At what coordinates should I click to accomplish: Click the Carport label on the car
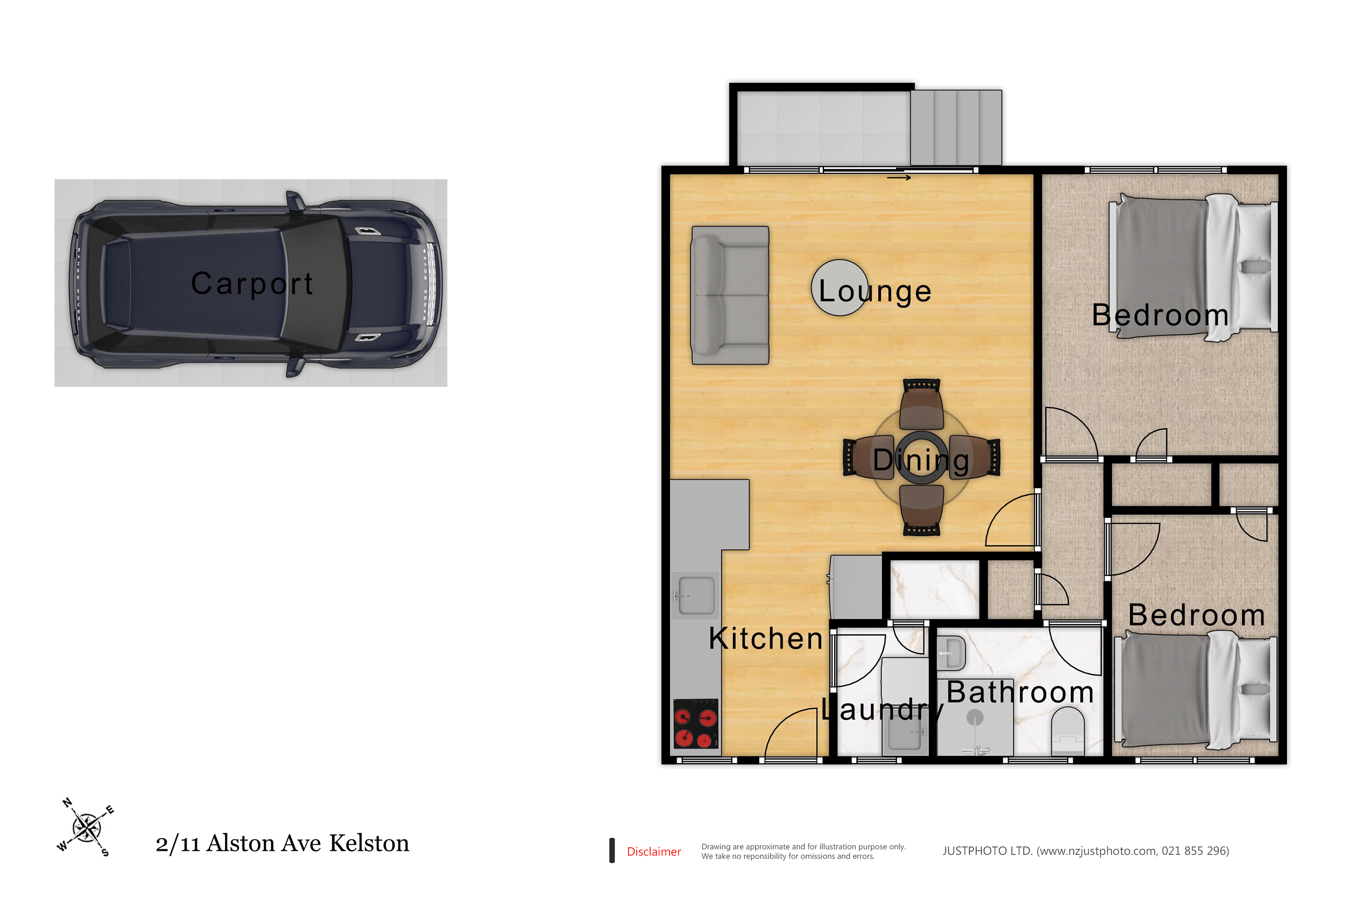click(252, 284)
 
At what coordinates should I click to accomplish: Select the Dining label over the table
click(921, 460)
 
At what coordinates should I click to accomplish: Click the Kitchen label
click(766, 638)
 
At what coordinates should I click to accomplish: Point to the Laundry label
click(883, 710)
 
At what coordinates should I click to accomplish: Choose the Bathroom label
click(1020, 692)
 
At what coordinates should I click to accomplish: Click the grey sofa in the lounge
click(730, 296)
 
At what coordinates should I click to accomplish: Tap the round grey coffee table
click(839, 288)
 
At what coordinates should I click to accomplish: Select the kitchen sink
click(696, 596)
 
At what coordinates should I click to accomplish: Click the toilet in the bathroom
click(1068, 731)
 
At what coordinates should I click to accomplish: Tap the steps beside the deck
click(956, 127)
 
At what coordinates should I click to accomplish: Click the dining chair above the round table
click(922, 404)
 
